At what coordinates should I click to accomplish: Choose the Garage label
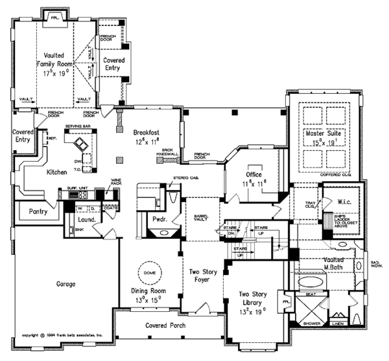65,284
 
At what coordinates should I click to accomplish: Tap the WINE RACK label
117,184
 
